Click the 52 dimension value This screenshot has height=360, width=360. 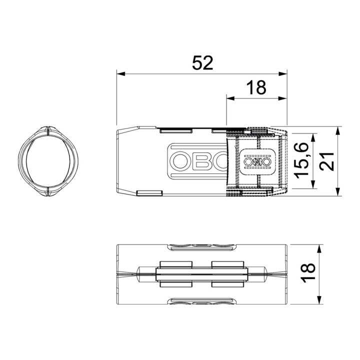click(x=202, y=63)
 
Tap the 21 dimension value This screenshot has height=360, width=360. click(x=327, y=161)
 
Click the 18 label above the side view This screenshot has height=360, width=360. click(x=256, y=87)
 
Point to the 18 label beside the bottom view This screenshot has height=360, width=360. click(x=308, y=272)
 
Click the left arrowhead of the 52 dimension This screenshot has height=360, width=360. click(x=121, y=74)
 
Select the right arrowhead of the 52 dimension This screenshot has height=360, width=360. click(x=283, y=74)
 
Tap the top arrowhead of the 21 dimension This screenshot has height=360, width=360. click(x=337, y=130)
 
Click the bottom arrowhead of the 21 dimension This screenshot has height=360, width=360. click(x=337, y=192)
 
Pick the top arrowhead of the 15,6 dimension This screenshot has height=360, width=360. click(x=312, y=137)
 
